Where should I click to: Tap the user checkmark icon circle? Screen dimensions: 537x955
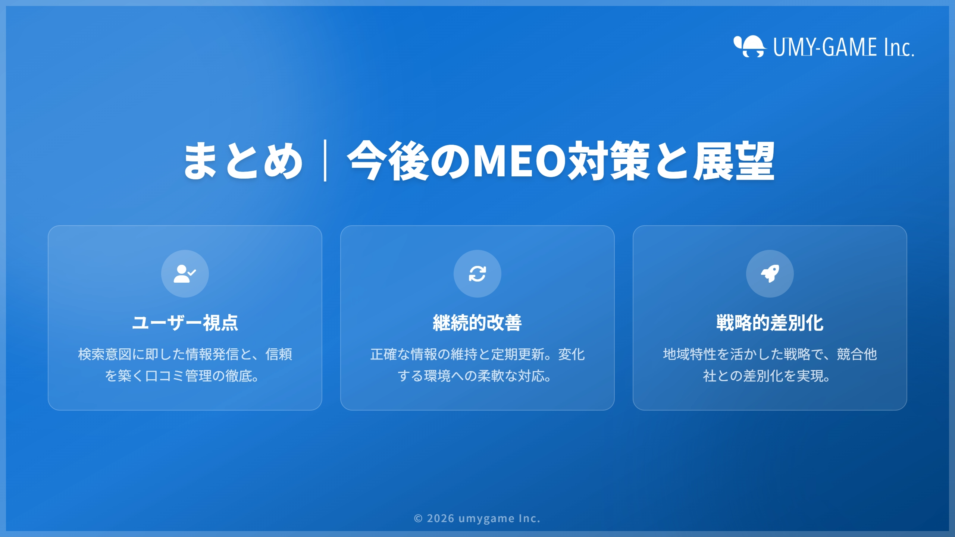click(x=185, y=274)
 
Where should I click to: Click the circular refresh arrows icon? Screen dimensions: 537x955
click(x=477, y=274)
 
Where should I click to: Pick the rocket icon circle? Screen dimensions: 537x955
click(x=770, y=274)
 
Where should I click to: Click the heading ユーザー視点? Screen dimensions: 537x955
click(x=185, y=323)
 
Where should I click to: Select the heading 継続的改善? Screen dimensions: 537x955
click(x=477, y=323)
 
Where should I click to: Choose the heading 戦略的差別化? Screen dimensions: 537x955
click(x=770, y=323)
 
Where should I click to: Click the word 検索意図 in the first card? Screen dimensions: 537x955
click(x=105, y=354)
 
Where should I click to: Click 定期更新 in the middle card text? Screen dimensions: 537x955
click(x=518, y=354)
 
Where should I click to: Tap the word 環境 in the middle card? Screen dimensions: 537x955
click(x=437, y=376)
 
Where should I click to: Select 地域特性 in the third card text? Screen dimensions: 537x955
click(x=690, y=354)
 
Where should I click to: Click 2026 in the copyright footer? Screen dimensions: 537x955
click(x=441, y=518)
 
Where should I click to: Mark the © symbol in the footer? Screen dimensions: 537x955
click(x=418, y=519)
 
